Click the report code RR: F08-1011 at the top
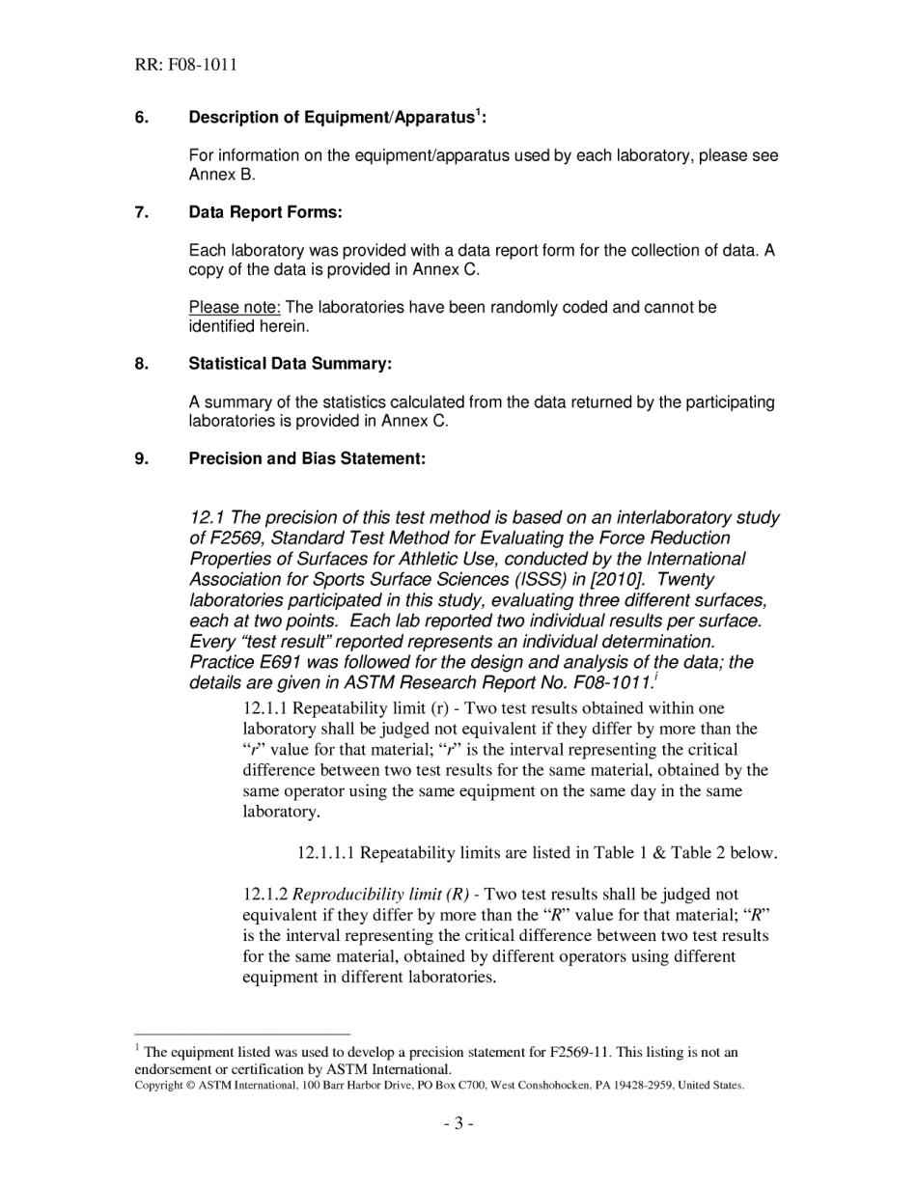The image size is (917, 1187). coord(185,66)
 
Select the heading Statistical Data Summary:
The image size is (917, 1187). coord(291,364)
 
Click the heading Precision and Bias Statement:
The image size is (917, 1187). coord(307,458)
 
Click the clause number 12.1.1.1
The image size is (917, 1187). coord(325,853)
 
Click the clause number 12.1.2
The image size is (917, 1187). coord(264,895)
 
